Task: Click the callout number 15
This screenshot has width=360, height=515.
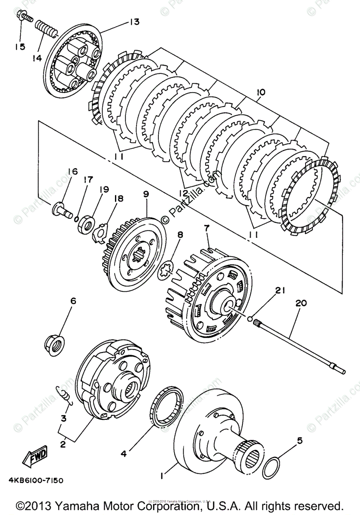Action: click(20, 46)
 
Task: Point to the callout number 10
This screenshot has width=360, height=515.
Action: click(261, 92)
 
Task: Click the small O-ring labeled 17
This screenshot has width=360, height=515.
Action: click(76, 219)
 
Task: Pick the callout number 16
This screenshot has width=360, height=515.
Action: click(72, 172)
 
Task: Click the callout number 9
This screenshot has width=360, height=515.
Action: click(146, 194)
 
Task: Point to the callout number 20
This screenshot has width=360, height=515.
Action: click(301, 303)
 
